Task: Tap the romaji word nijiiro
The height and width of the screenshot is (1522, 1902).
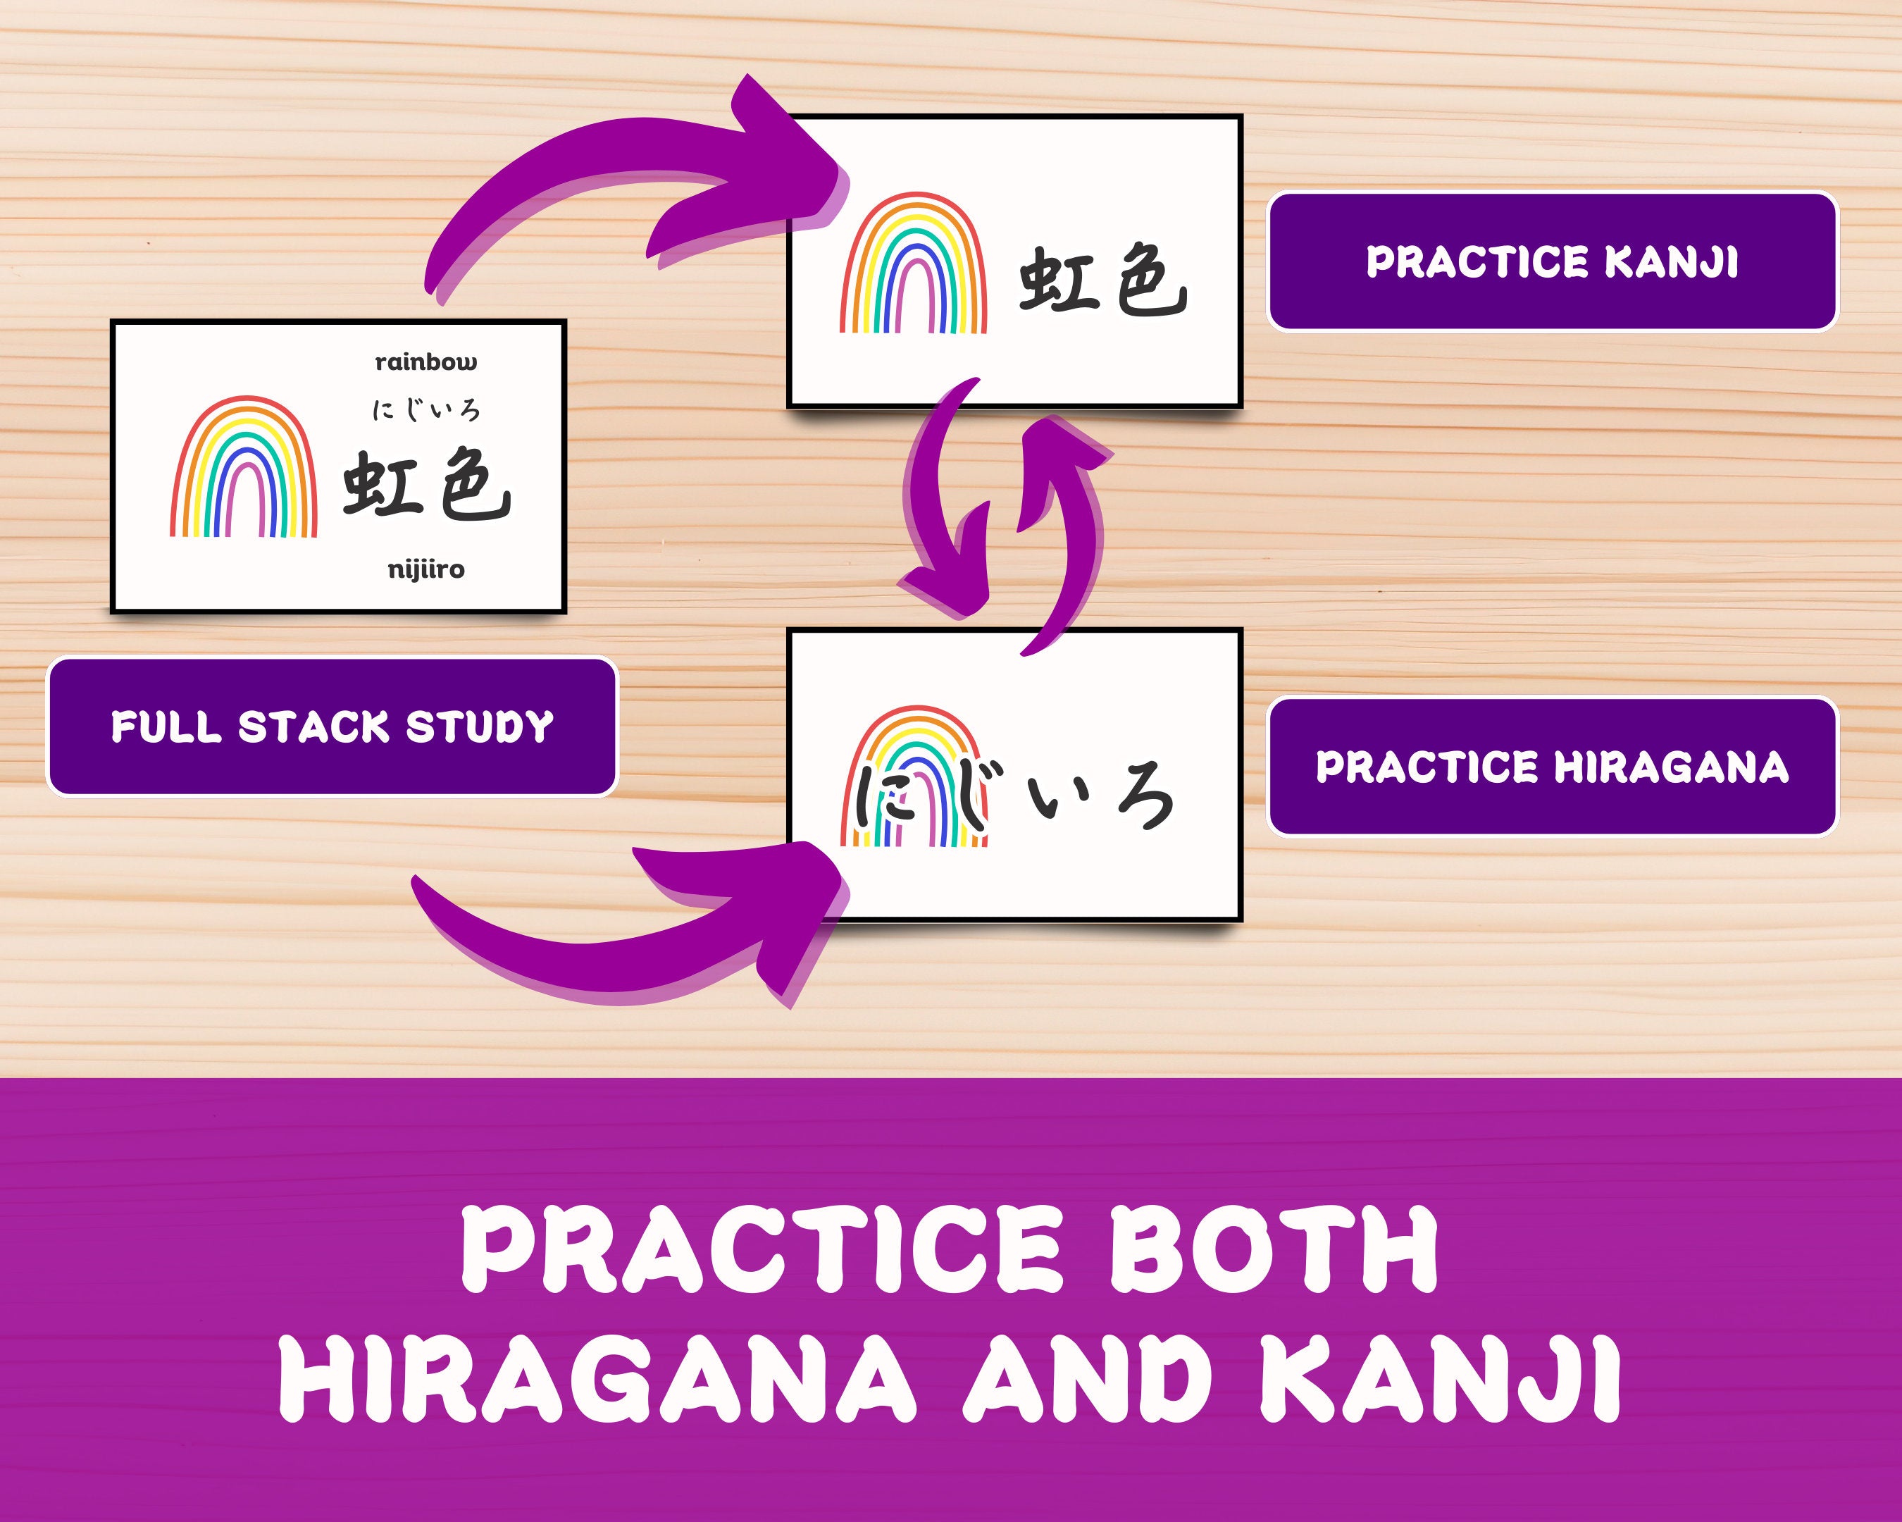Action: coord(426,570)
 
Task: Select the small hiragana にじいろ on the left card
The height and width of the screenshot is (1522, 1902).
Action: coord(426,410)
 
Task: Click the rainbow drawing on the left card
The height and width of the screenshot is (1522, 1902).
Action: coord(244,468)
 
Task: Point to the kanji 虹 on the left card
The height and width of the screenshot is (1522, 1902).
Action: coord(380,483)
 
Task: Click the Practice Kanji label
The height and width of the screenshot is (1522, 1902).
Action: coord(1552,262)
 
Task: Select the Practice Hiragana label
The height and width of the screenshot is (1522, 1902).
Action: coord(1552,767)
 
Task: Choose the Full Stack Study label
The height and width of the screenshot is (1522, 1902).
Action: coord(332,727)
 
